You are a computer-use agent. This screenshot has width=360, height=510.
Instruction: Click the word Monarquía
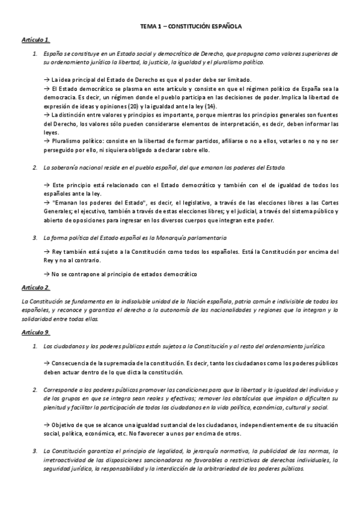pos(170,238)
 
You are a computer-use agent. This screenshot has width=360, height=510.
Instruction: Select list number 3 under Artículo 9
pos(34,451)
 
